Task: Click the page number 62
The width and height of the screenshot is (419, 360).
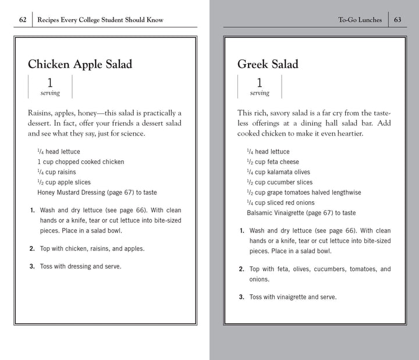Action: pos(22,20)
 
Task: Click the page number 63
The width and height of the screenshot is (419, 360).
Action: pos(397,20)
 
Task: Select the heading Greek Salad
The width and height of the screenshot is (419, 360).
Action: pos(267,64)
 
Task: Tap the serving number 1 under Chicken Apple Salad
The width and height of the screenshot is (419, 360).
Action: pos(50,83)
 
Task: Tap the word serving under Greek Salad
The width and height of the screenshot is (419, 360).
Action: pos(260,93)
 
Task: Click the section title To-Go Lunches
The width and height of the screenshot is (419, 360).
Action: pos(360,20)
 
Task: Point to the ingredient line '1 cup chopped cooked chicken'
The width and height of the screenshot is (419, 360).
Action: pos(80,162)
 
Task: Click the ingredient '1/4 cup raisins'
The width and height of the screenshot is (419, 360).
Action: pos(56,172)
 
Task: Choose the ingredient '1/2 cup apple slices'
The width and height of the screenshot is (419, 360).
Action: pos(64,182)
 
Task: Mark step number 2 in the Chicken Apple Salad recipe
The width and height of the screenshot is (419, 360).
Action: pos(32,248)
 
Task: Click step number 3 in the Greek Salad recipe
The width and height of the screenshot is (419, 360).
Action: pos(242,297)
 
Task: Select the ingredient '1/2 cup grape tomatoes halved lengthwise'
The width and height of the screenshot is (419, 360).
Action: pos(303,193)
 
